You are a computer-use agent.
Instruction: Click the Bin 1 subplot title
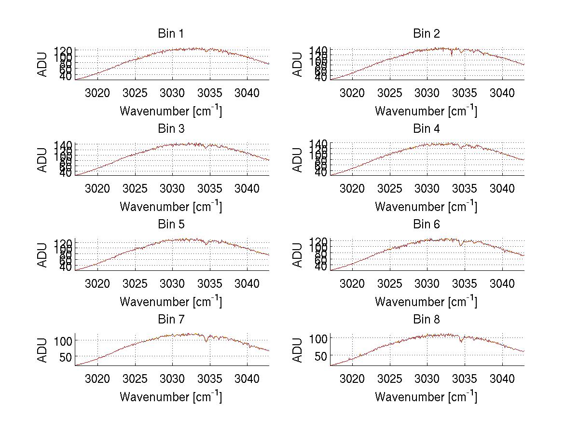[170, 34]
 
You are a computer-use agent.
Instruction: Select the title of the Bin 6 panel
[426, 225]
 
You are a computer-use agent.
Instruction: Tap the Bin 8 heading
[426, 320]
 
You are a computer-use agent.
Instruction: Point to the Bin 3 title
[170, 129]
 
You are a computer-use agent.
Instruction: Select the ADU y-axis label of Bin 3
[43, 159]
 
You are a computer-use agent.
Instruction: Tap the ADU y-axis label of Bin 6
[299, 255]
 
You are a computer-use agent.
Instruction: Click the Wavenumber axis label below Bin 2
[426, 111]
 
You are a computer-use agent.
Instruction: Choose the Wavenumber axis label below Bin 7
[171, 396]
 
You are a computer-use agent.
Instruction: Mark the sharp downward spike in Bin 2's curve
[452, 55]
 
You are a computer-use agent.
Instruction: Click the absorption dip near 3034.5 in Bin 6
[461, 245]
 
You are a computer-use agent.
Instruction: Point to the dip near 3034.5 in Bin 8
[461, 341]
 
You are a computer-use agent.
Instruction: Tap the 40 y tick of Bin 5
[66, 267]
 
